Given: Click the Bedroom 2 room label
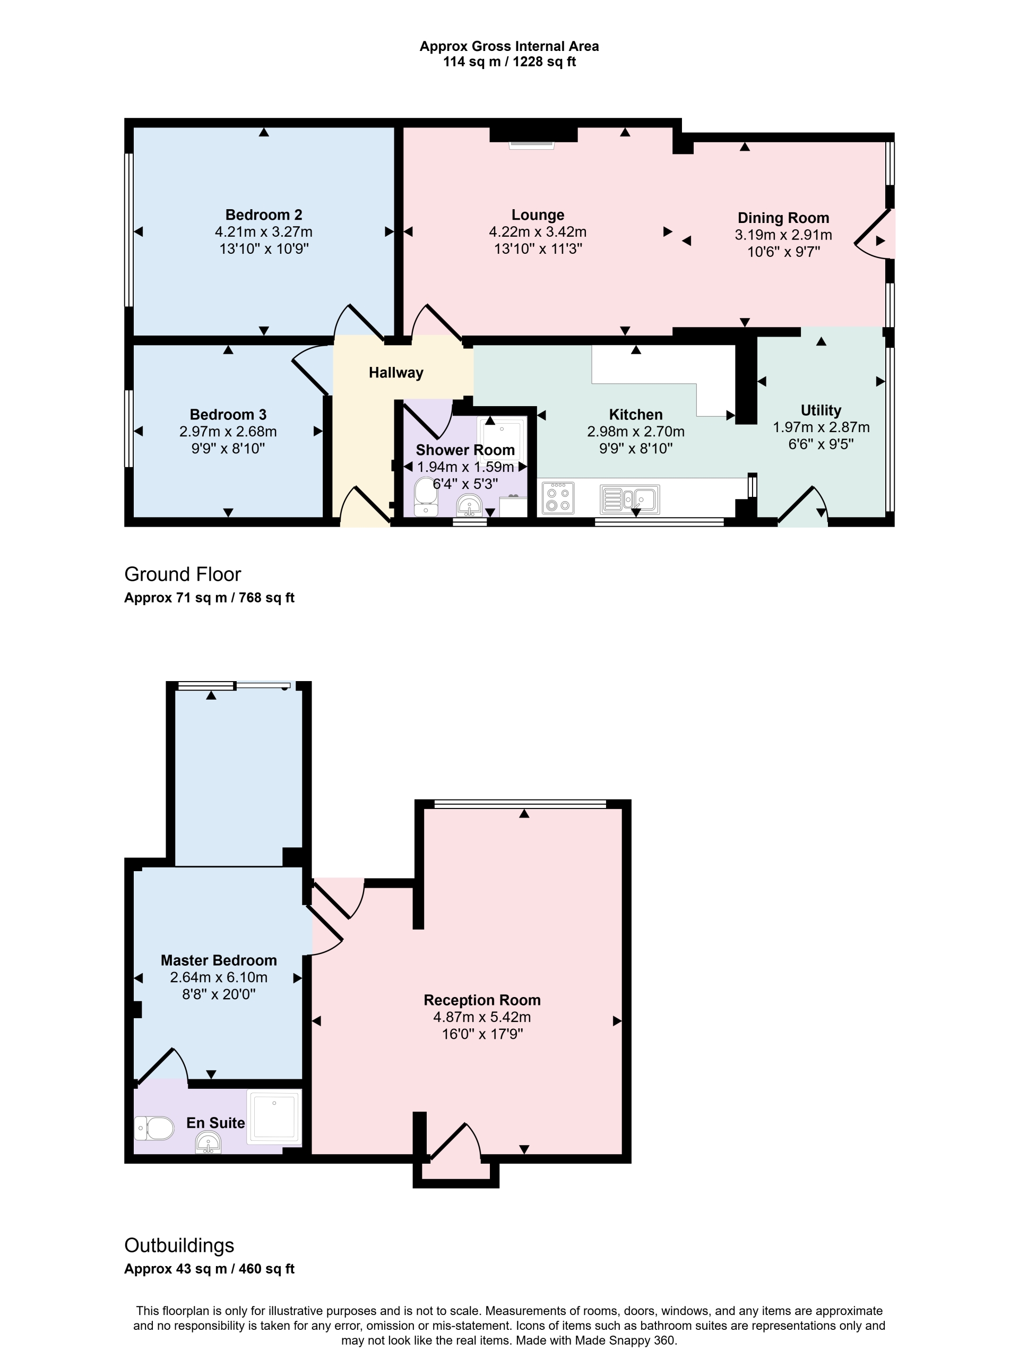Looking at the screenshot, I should [263, 214].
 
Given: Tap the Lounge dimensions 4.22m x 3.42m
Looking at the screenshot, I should [537, 233].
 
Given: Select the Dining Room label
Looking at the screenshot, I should [783, 218].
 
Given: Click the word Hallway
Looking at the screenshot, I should [396, 373].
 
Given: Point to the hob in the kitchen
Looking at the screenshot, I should [558, 498].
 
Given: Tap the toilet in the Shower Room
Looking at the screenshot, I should [425, 495].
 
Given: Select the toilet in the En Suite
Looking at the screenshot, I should [154, 1128].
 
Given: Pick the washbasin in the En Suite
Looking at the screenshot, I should [208, 1143].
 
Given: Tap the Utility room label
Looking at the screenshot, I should [821, 410].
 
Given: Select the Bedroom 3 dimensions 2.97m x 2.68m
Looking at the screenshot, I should [228, 432].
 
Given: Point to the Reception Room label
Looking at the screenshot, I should [482, 1000].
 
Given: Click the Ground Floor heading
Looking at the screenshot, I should [183, 574].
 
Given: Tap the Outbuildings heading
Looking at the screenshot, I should [179, 1245].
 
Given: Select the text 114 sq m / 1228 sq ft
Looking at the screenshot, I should [509, 62].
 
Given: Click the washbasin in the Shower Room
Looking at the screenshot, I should [469, 506].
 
